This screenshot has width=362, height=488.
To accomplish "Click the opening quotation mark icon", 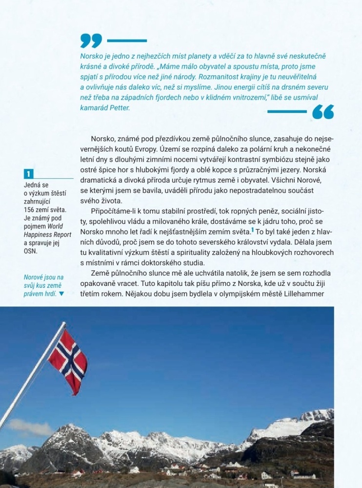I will [91, 41].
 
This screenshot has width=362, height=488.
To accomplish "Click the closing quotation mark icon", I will [323, 112].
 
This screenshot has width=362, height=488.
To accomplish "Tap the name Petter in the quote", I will [120, 108].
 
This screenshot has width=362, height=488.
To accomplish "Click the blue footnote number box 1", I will [29, 174].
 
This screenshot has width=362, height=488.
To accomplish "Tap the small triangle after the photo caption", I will [61, 294].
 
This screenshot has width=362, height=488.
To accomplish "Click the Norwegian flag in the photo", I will [68, 360].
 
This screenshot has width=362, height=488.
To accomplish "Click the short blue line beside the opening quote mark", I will [127, 41].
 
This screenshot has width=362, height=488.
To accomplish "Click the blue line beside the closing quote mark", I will [287, 112].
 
